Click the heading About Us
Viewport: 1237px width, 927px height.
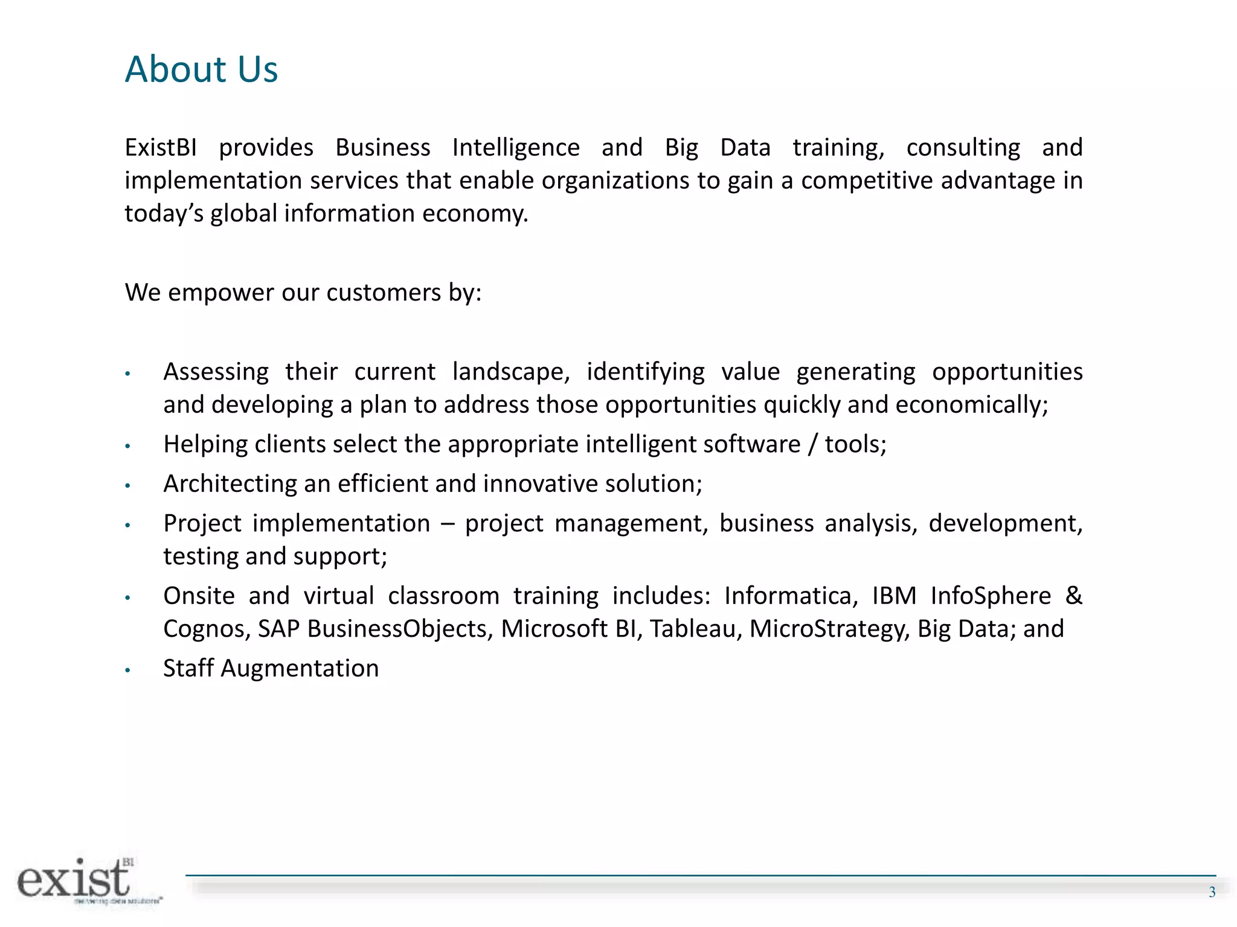[x=201, y=69]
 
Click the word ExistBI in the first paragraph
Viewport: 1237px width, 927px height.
[x=161, y=148]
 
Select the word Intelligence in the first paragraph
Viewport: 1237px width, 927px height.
[x=516, y=148]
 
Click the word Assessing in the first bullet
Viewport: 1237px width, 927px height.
[x=216, y=372]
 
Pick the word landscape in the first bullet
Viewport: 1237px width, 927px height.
[x=510, y=372]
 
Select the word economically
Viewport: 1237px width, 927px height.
[x=971, y=405]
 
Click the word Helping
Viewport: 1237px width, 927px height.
[x=205, y=444]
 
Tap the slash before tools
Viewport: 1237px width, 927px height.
[x=812, y=445]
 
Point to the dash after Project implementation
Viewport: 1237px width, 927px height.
[x=448, y=524]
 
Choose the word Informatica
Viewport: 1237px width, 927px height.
[x=791, y=596]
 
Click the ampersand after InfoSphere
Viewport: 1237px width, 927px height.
[x=1073, y=596]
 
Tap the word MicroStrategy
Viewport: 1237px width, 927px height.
[x=829, y=629]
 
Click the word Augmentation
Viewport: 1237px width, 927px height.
[x=300, y=669]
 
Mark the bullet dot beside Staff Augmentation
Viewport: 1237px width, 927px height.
[x=127, y=670]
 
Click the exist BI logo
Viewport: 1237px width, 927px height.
[x=82, y=881]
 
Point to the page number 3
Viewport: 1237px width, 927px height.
[x=1212, y=893]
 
